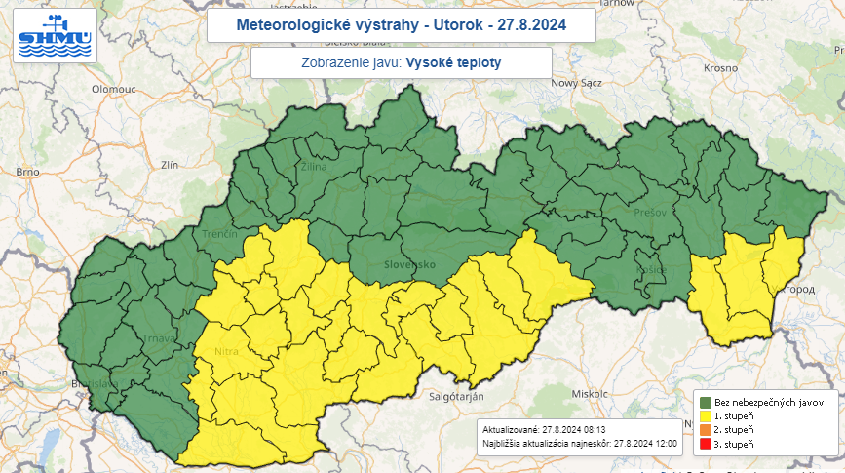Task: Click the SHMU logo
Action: coord(55,35)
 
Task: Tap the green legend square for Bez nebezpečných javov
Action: coord(706,402)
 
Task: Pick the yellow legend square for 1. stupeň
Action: coord(706,416)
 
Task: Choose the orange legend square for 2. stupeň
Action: coord(706,430)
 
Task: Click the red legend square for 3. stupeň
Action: coord(706,445)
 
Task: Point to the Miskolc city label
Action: coord(590,393)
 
